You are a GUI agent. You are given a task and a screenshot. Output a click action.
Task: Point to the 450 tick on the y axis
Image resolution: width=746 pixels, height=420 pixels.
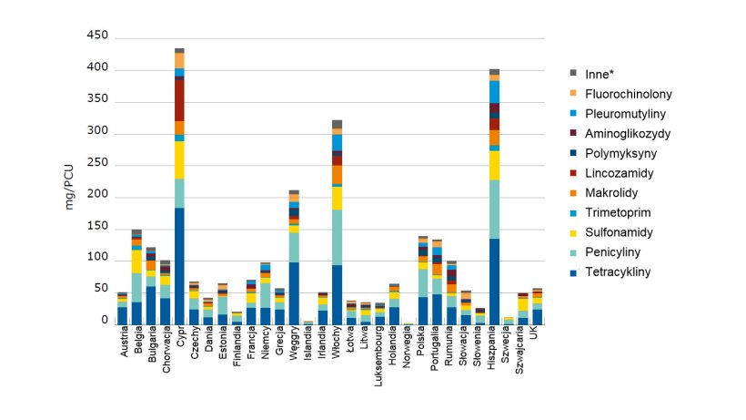click(x=96, y=36)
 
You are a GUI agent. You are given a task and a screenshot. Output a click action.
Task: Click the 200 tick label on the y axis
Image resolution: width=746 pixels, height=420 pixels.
click(x=96, y=195)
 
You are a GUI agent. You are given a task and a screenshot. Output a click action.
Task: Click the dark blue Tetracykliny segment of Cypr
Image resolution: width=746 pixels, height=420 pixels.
click(x=179, y=265)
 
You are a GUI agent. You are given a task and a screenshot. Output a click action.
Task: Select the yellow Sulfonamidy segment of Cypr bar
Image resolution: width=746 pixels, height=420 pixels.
click(x=179, y=159)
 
